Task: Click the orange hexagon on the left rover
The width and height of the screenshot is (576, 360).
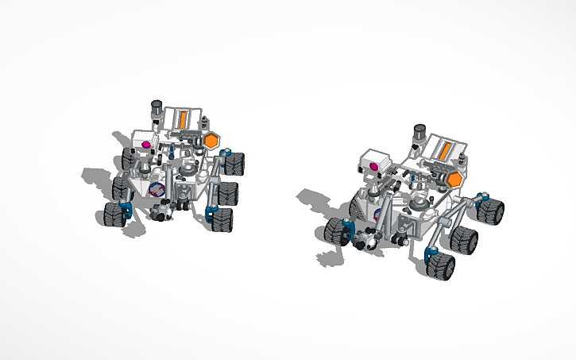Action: (211, 141)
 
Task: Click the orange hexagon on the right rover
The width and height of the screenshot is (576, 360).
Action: (455, 180)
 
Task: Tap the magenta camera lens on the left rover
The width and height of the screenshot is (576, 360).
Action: (146, 145)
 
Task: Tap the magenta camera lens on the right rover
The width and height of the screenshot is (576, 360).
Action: (373, 166)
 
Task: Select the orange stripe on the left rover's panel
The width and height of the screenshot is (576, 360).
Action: (183, 119)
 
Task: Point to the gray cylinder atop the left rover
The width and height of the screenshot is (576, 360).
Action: (157, 109)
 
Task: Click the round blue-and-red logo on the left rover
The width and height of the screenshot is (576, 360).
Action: (157, 190)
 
